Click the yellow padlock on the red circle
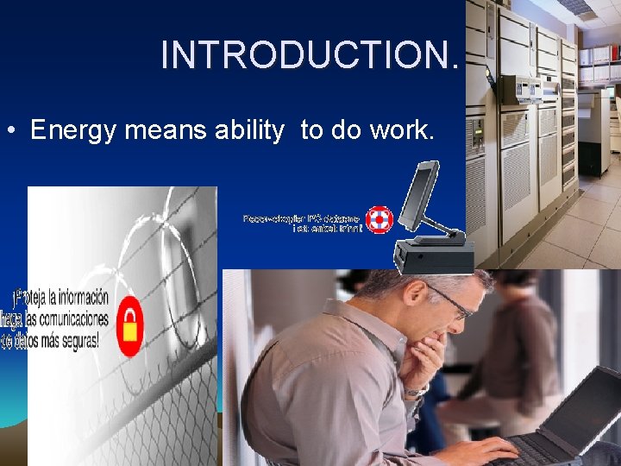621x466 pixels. (x=130, y=326)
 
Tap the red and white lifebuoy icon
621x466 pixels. (x=378, y=219)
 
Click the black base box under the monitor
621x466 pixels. (x=434, y=255)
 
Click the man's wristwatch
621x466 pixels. (x=417, y=391)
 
